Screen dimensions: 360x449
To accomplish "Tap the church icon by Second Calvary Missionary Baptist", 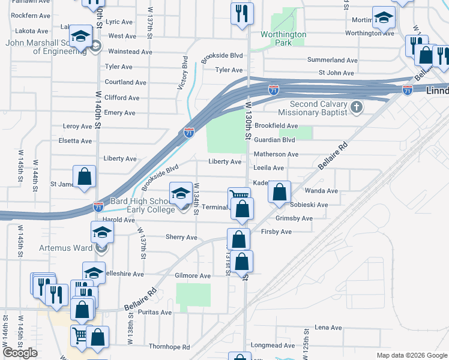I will [357, 107].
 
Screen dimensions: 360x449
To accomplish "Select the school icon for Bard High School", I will [180, 193].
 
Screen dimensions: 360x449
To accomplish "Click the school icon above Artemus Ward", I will [103, 232].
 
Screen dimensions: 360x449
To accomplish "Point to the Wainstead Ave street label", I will [130, 52].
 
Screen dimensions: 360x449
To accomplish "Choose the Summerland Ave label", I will [332, 60].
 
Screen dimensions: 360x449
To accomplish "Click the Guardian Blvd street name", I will [275, 140].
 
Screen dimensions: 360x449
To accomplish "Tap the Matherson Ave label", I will [276, 154].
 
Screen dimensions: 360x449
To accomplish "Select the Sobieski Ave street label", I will [309, 205].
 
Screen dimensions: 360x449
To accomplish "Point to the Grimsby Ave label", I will [294, 218].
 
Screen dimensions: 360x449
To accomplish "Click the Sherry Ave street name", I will [181, 237].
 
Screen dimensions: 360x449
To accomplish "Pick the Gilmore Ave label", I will [193, 276].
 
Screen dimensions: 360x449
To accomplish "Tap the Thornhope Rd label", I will [169, 347].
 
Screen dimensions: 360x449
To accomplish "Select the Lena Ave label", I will [328, 328].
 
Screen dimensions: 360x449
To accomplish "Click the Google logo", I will [20, 352].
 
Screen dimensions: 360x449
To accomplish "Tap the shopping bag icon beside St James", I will [84, 176].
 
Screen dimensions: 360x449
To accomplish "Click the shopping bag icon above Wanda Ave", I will [279, 192].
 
